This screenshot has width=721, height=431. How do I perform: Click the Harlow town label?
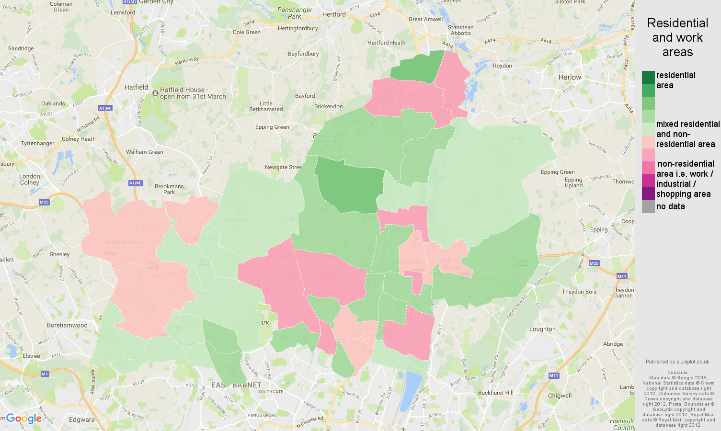(x=570, y=77)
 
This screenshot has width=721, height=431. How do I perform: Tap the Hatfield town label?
(x=136, y=87)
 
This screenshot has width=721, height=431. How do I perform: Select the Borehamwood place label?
(x=67, y=325)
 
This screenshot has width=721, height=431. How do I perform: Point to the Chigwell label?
(x=560, y=396)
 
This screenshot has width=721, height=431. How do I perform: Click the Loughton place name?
(x=542, y=329)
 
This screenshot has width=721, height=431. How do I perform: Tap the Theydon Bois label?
(x=579, y=292)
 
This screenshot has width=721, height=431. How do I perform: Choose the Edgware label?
(x=81, y=420)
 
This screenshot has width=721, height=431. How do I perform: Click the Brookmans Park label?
(x=169, y=189)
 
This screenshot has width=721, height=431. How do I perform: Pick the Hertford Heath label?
(x=386, y=43)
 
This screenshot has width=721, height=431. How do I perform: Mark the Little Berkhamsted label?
(x=266, y=106)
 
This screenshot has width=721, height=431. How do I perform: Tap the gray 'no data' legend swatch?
(x=648, y=206)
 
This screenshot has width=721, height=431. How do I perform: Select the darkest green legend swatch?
(x=648, y=77)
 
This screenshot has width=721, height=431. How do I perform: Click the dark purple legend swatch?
(x=648, y=193)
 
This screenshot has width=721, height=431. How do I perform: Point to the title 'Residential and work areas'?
(x=677, y=37)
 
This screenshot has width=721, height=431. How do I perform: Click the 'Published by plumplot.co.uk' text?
(x=678, y=362)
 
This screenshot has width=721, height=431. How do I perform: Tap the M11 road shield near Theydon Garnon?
(x=621, y=276)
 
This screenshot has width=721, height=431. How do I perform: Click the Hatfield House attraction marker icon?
(x=155, y=93)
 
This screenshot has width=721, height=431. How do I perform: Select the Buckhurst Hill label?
(x=495, y=393)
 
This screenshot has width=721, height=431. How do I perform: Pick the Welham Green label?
(x=144, y=152)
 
